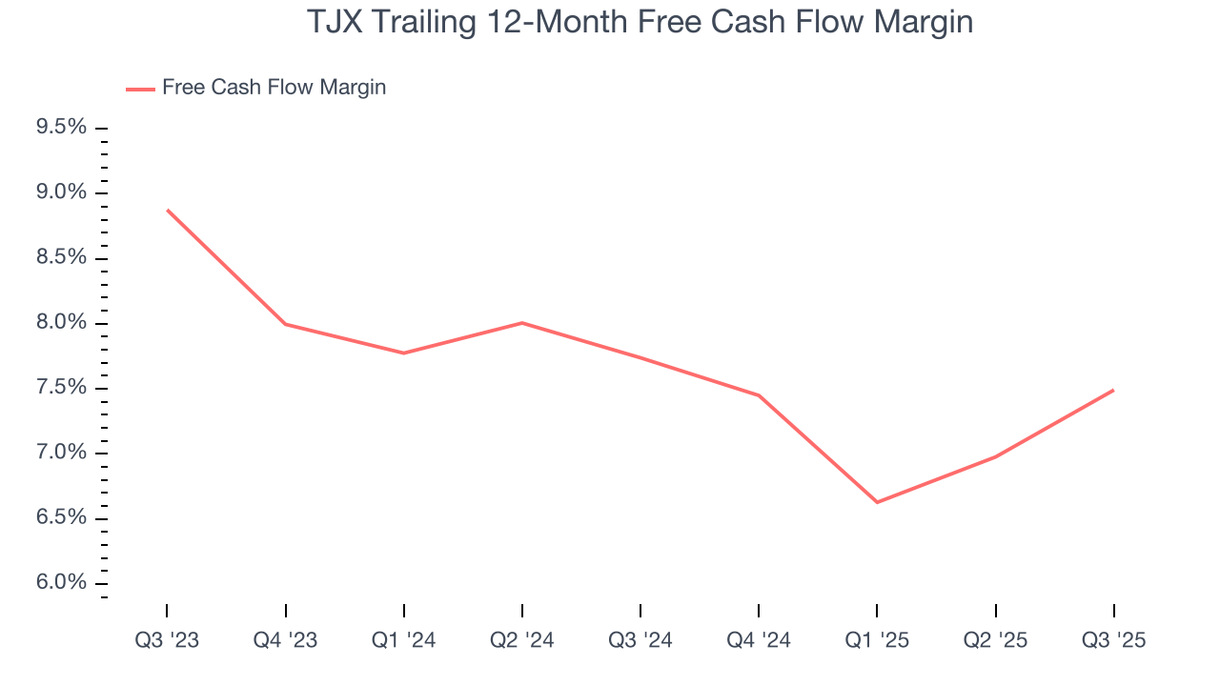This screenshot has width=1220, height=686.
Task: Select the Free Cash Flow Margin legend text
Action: (x=274, y=88)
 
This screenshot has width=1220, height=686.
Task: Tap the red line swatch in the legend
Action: (x=140, y=89)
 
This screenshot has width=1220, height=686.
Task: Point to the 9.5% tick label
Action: (x=61, y=128)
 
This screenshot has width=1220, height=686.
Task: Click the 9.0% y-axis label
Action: (x=61, y=192)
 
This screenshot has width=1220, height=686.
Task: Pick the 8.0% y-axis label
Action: (x=61, y=323)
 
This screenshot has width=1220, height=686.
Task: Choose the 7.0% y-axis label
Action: (x=61, y=453)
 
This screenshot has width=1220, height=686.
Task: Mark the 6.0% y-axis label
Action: (x=61, y=583)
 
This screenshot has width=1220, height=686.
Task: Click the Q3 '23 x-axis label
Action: (x=167, y=640)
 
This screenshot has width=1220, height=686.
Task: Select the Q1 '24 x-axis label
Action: (x=404, y=640)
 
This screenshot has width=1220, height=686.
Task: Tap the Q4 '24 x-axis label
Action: (x=759, y=640)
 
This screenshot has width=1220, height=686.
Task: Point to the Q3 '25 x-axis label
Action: (x=1114, y=640)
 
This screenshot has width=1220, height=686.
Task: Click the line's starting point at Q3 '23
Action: (x=167, y=210)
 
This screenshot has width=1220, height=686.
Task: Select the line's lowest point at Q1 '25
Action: (x=877, y=502)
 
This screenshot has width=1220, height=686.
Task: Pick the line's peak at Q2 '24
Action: (x=522, y=323)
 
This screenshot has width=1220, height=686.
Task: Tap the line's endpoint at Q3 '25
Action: (x=1113, y=390)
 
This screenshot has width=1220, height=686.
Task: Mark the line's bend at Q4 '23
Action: (x=286, y=324)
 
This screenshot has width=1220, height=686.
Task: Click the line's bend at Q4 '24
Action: (x=759, y=395)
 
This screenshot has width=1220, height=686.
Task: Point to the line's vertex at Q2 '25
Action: (x=995, y=457)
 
